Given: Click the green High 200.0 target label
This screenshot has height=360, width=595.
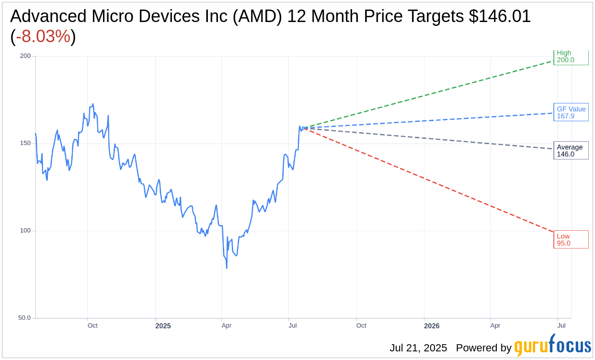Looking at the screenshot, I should [x=571, y=57].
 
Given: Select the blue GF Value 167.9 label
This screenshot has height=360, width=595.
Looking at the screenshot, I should [x=571, y=112].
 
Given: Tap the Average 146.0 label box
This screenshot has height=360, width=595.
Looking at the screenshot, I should [x=571, y=151].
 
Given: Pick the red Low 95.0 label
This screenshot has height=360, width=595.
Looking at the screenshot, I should [x=571, y=239].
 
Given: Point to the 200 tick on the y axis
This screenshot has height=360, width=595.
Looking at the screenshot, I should [x=25, y=56].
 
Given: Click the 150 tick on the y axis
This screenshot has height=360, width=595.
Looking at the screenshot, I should [x=25, y=143].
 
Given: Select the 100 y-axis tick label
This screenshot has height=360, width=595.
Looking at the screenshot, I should [x=25, y=230].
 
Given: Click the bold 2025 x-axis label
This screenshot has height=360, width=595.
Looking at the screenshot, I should [x=163, y=326].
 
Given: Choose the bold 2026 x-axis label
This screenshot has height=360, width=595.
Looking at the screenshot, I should [x=432, y=326].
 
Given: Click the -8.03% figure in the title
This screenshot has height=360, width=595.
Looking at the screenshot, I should [x=43, y=36].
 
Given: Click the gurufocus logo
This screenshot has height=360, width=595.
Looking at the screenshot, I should [x=552, y=346].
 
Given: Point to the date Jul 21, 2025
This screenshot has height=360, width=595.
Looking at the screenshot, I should [x=418, y=348].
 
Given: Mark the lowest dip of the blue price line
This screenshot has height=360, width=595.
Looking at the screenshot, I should [x=227, y=268].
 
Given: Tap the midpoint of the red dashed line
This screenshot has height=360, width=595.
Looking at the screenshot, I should [x=430, y=180].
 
